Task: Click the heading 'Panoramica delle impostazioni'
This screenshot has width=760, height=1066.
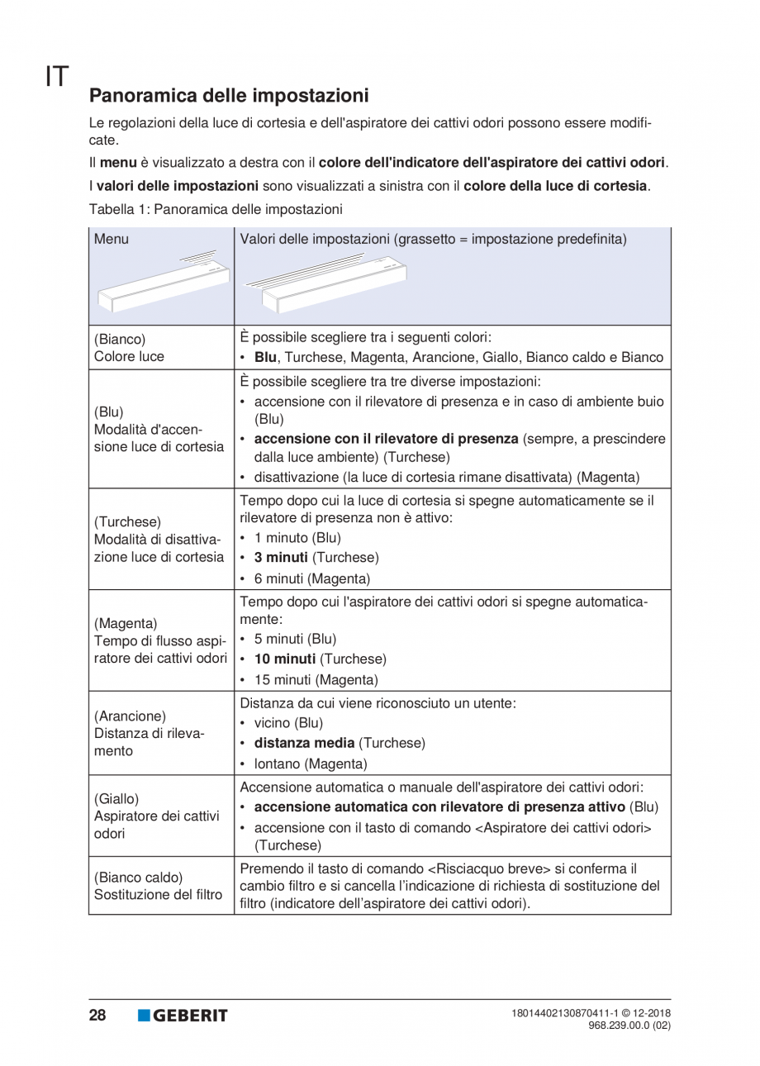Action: tap(229, 96)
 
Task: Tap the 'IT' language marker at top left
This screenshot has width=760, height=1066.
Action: tap(56, 76)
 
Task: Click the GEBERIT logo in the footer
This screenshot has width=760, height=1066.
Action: tap(183, 1016)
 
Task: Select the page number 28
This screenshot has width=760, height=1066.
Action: tap(97, 1016)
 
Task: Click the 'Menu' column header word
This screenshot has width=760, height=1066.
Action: tap(112, 240)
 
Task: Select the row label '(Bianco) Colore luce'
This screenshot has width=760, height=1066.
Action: tap(129, 348)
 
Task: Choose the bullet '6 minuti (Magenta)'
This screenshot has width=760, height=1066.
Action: tap(311, 578)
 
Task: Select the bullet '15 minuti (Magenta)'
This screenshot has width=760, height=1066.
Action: tap(316, 680)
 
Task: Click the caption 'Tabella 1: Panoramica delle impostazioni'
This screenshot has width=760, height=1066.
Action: tap(216, 209)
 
